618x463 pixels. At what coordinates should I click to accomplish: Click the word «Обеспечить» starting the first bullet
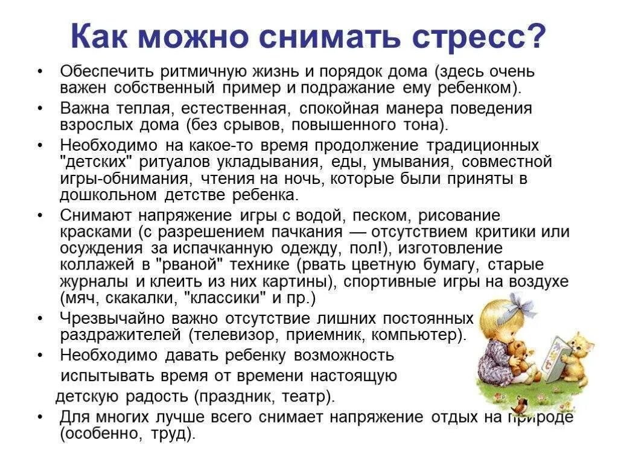coord(106,71)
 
